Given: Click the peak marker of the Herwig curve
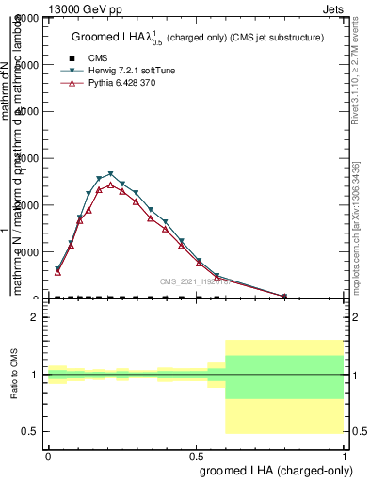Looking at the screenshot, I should point(111,174).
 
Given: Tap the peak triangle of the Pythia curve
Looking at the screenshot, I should point(111,185).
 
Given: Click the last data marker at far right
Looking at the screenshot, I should point(284,297).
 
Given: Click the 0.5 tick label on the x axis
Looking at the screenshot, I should point(196,455).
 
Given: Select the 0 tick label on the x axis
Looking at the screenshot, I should point(48,455).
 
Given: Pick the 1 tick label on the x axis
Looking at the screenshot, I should point(346,455).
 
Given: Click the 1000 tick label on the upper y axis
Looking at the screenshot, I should point(25,252).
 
